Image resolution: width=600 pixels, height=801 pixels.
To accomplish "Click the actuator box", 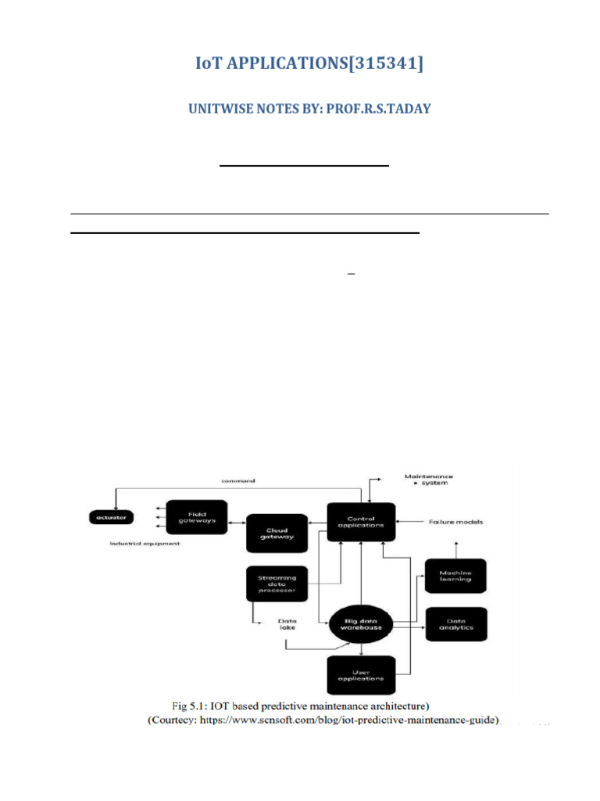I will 112,517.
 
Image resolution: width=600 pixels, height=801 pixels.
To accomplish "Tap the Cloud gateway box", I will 277,533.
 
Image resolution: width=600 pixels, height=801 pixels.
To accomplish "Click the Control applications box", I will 360,522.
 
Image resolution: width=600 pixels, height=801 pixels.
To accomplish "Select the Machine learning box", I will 455,576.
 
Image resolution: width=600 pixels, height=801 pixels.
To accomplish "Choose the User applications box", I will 360,674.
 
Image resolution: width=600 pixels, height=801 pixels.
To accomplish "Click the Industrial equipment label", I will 145,544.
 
